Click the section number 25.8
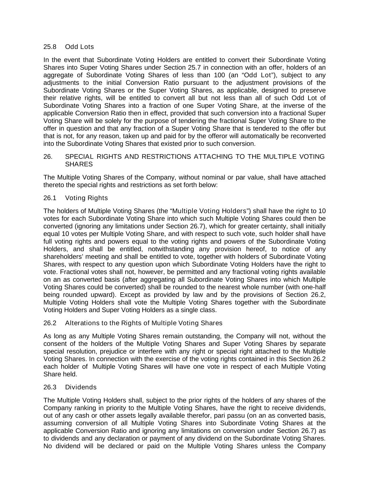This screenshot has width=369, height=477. click(50, 47)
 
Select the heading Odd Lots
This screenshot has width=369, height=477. click(79, 47)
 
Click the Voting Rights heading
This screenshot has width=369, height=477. click(86, 198)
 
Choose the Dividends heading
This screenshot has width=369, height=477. click(81, 387)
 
